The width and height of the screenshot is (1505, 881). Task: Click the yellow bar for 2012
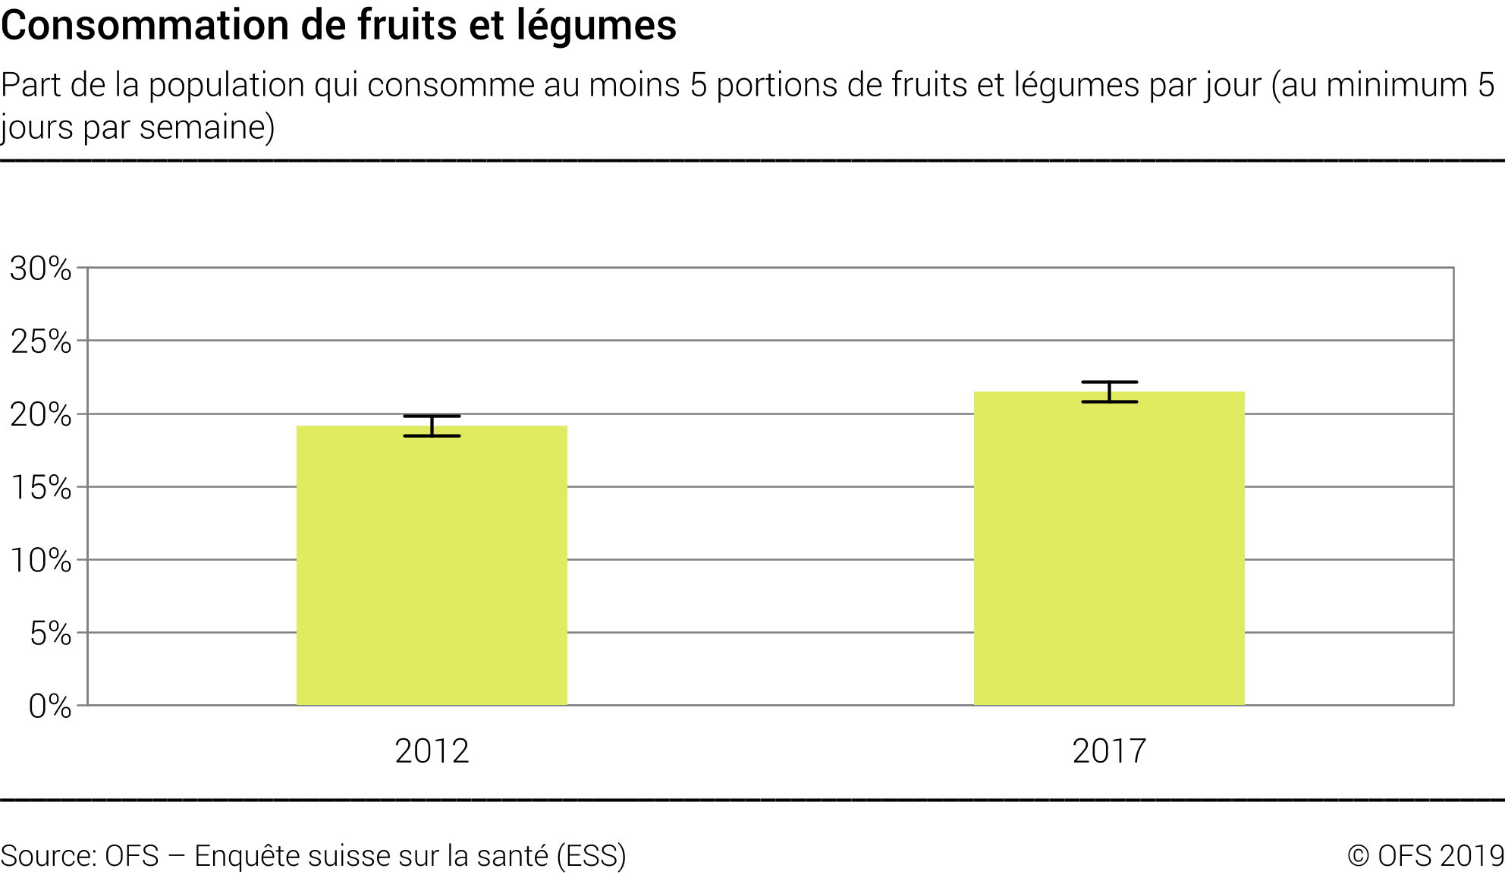[x=432, y=565]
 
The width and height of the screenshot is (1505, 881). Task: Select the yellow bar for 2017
[x=1109, y=549]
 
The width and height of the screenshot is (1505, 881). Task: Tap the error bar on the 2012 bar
[x=432, y=426]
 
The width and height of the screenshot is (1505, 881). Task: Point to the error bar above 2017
[x=1109, y=392]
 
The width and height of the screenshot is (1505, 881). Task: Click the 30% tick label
[x=41, y=269]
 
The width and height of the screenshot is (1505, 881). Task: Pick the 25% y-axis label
[x=41, y=341]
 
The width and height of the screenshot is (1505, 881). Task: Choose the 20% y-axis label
[x=41, y=414]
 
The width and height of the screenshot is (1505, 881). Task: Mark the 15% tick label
[x=41, y=487]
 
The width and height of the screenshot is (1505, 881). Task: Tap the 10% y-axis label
[x=41, y=560]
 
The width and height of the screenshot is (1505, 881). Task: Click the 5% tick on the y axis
[x=50, y=633]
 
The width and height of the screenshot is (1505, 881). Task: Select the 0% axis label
[x=50, y=706]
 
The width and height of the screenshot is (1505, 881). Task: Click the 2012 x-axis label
[x=432, y=751]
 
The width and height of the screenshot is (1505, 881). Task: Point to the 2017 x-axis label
[x=1109, y=751]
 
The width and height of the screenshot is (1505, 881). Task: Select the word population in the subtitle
[x=227, y=85]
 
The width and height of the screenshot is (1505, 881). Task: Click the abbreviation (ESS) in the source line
[x=591, y=856]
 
